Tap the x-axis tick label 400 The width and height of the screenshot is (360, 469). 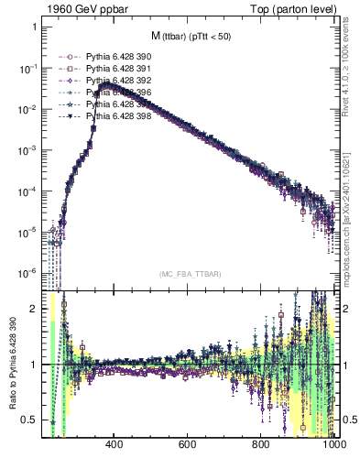(x=115, y=445)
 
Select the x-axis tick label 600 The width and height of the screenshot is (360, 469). (x=188, y=445)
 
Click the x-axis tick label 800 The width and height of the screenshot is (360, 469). (x=261, y=445)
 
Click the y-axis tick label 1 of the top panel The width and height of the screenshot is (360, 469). (x=34, y=27)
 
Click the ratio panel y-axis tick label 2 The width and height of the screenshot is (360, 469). (x=34, y=309)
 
